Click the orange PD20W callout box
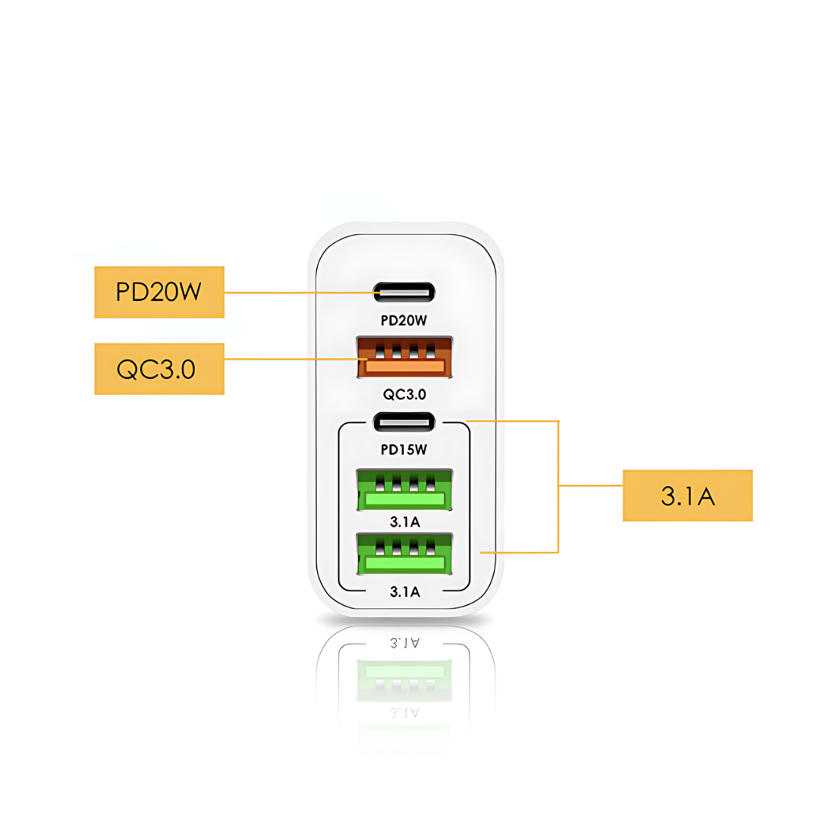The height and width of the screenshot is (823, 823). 159,292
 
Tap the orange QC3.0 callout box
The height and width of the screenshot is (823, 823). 159,369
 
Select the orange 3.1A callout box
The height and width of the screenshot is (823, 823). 687,495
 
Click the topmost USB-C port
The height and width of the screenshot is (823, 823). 404,292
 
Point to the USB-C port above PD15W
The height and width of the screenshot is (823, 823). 404,421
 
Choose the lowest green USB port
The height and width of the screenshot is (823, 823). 404,553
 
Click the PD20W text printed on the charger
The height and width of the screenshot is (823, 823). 404,321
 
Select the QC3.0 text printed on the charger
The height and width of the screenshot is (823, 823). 404,394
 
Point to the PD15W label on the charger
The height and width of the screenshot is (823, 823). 404,450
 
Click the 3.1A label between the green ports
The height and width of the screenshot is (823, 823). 404,522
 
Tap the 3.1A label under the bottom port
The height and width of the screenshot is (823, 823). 404,591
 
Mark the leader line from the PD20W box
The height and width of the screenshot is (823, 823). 297,292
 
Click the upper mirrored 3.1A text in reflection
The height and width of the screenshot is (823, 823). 404,642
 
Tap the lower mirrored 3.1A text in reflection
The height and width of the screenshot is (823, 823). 404,713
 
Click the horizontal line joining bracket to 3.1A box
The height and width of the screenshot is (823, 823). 591,485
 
